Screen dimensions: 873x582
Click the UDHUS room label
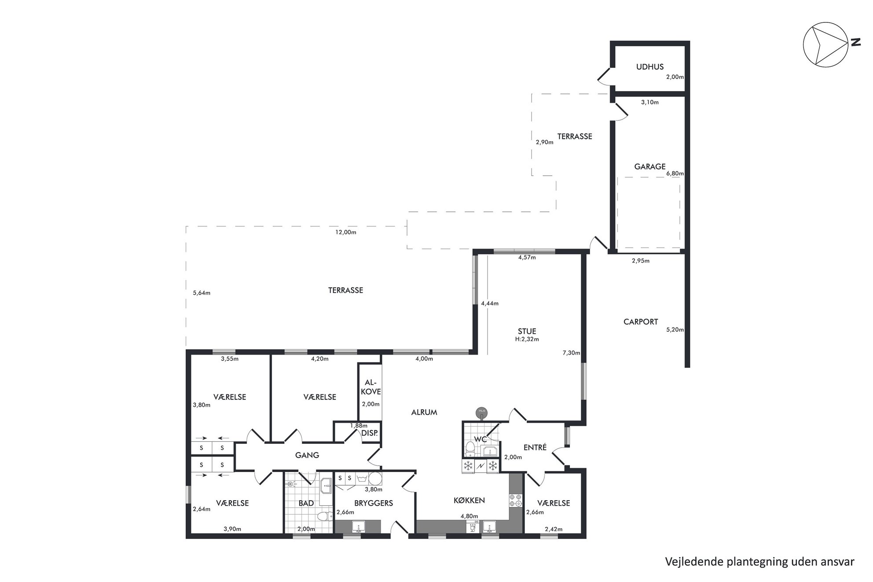coord(650,67)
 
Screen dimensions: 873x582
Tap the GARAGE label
coord(650,167)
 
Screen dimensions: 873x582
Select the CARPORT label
coord(641,322)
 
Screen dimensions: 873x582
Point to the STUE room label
coord(527,331)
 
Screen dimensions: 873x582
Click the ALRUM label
coord(424,413)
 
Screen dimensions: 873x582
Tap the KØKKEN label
coord(470,500)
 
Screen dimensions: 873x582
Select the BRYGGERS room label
coord(374,503)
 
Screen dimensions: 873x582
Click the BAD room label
coord(306,503)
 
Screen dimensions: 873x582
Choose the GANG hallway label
coord(307,455)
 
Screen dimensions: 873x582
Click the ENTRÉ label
coord(535,447)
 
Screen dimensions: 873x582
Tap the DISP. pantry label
coord(370,433)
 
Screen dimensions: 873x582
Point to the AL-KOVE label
coord(370,387)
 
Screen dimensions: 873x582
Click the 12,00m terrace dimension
coord(346,232)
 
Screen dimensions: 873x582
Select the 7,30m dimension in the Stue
coord(571,353)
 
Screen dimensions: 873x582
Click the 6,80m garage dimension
coord(675,173)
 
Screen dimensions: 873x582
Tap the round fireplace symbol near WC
coord(482,412)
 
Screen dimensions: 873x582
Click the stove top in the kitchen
coord(515,500)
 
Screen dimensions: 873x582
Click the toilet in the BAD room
coord(325,516)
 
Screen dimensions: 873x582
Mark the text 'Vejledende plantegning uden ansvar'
coord(760,562)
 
